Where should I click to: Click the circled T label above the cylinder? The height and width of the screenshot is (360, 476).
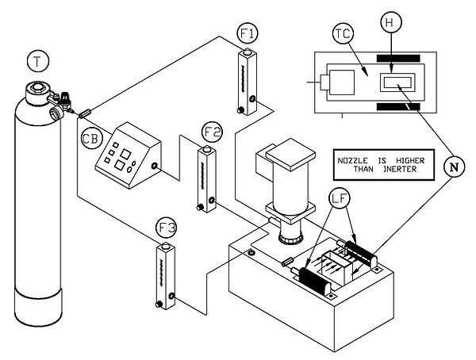click(x=36, y=59)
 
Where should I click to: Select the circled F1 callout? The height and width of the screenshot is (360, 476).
click(x=248, y=34)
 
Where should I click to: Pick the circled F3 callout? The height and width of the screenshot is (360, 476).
click(x=167, y=231)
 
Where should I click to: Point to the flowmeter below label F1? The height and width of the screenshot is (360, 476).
click(x=245, y=82)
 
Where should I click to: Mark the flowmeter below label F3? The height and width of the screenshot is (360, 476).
click(x=163, y=277)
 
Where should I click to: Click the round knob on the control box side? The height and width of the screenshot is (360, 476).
click(x=153, y=168)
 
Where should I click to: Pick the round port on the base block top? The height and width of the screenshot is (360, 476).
click(x=251, y=254)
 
